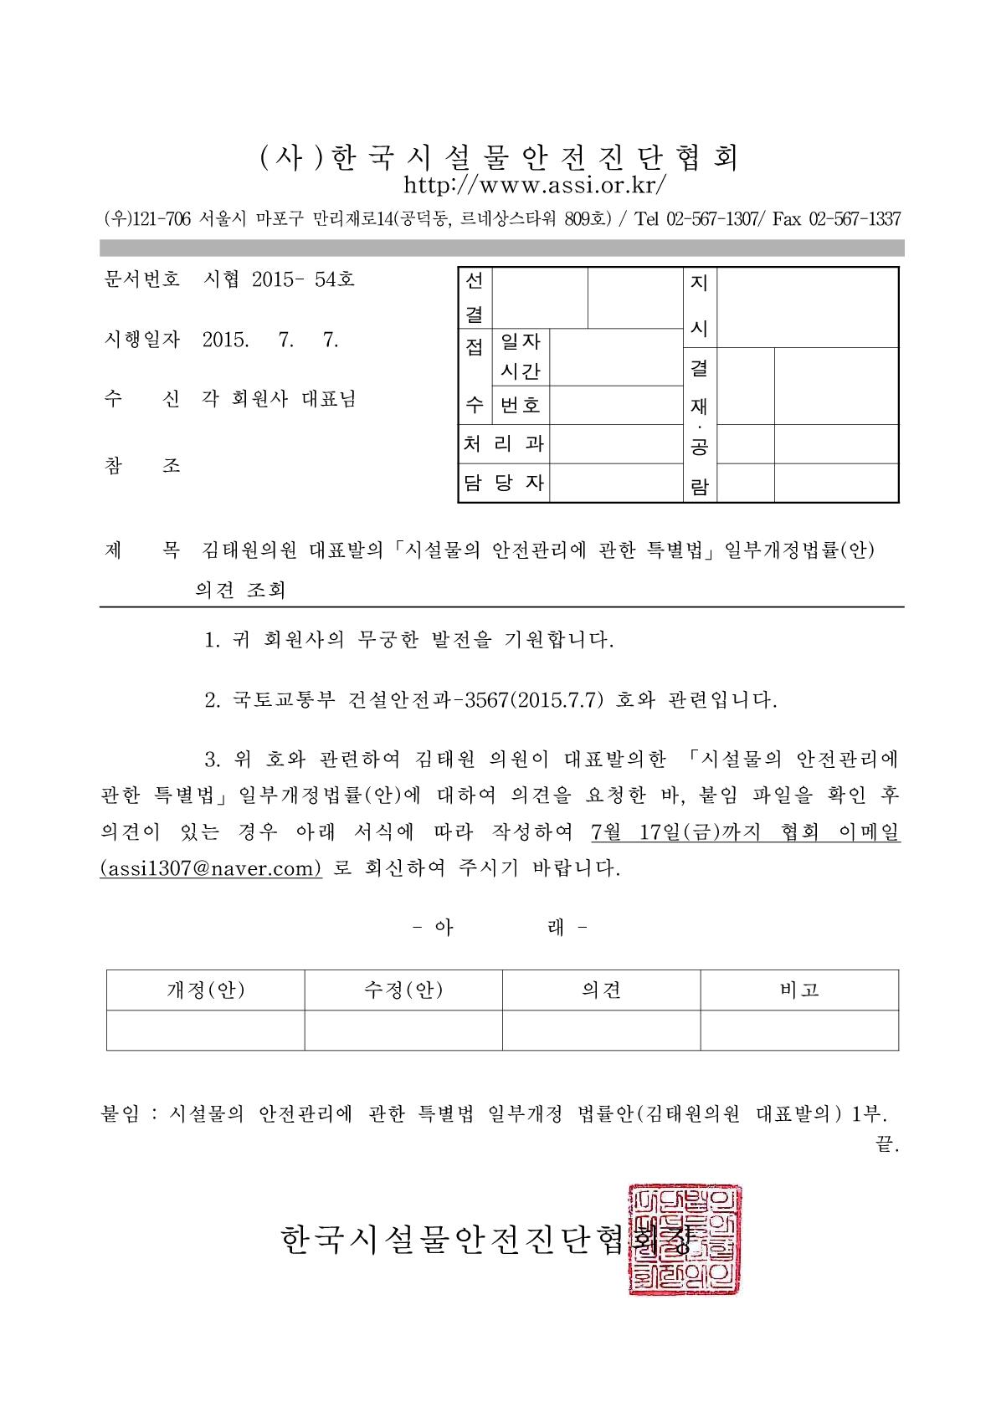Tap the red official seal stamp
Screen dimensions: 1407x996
(x=685, y=1240)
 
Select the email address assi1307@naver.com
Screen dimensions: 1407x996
(x=211, y=867)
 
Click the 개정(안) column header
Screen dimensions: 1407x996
(x=206, y=990)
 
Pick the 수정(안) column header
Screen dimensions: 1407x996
(x=403, y=990)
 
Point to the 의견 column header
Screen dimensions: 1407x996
(x=601, y=990)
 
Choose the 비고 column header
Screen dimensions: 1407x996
(x=799, y=990)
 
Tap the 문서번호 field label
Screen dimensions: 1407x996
(x=140, y=279)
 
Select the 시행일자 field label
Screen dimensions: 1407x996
(x=140, y=340)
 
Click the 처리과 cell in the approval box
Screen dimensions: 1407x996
(x=503, y=444)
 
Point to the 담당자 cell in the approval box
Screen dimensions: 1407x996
(x=503, y=483)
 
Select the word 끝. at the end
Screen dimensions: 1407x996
(x=886, y=1145)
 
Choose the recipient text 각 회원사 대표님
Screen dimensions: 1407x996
(x=280, y=400)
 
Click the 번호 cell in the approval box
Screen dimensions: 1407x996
(x=520, y=406)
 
